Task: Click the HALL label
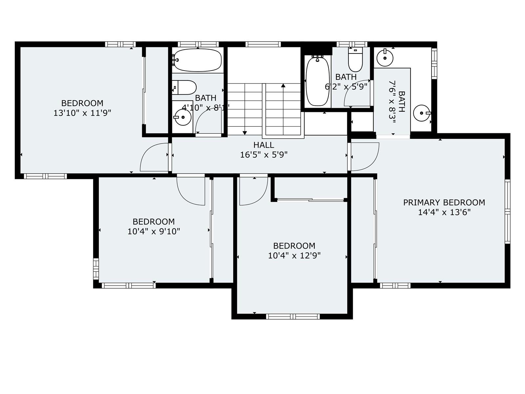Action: pyautogui.click(x=263, y=145)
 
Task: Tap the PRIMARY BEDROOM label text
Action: pyautogui.click(x=444, y=203)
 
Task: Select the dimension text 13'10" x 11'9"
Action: pyautogui.click(x=82, y=113)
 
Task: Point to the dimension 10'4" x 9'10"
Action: pyautogui.click(x=154, y=231)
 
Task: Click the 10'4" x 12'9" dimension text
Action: pyautogui.click(x=294, y=256)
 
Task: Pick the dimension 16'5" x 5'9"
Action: pyautogui.click(x=263, y=155)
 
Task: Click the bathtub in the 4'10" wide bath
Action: pyautogui.click(x=197, y=60)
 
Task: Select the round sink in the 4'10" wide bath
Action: pyautogui.click(x=183, y=117)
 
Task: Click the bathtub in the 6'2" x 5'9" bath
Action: pyautogui.click(x=317, y=81)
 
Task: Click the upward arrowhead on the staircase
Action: pyautogui.click(x=283, y=85)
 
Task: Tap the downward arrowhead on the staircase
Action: pyautogui.click(x=244, y=133)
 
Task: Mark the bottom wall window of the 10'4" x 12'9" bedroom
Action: pyautogui.click(x=293, y=317)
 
